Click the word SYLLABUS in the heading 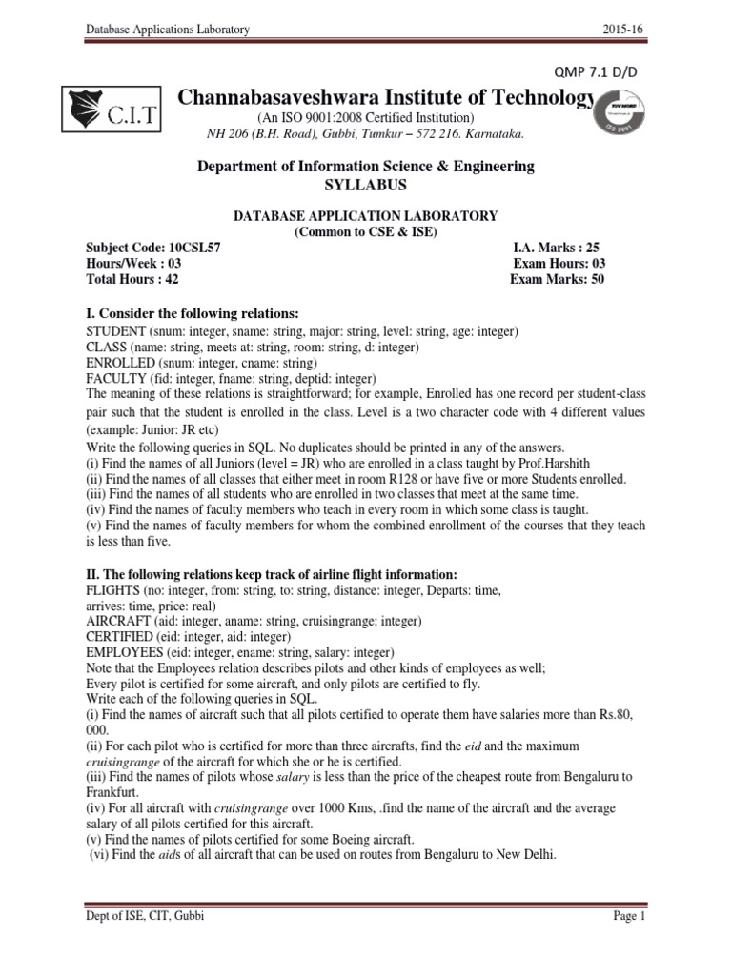click(x=366, y=184)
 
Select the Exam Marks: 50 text click(x=558, y=280)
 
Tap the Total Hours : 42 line click(x=132, y=280)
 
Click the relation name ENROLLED click(x=118, y=363)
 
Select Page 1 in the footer click(x=628, y=943)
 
